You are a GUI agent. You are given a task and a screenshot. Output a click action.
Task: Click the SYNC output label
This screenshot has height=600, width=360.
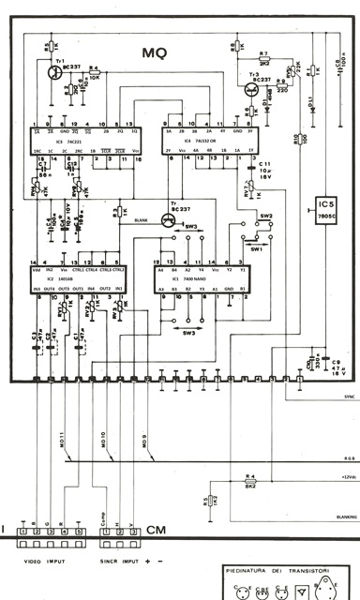tap(340, 397)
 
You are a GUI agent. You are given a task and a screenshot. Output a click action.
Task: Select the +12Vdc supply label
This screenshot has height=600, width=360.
tap(340, 478)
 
